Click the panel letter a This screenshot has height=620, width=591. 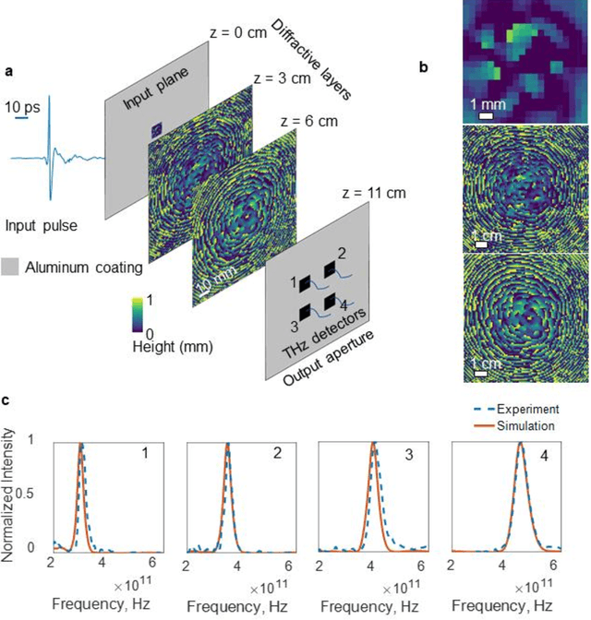pyautogui.click(x=8, y=69)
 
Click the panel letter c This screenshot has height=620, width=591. pyautogui.click(x=8, y=402)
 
